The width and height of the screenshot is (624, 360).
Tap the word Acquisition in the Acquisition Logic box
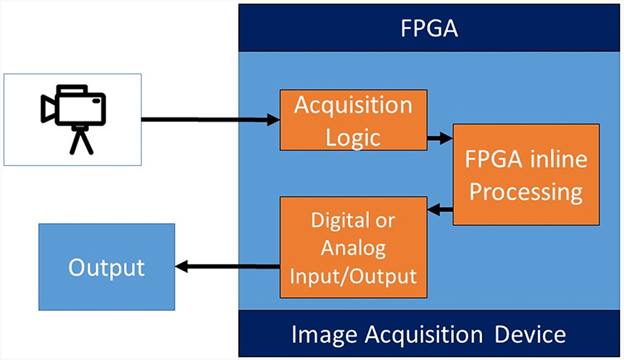(x=352, y=106)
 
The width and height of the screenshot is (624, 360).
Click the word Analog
(x=352, y=248)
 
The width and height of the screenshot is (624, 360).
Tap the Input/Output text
(x=352, y=276)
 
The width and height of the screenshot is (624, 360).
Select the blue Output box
(x=106, y=267)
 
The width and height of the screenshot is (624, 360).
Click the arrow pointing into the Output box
(x=228, y=266)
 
